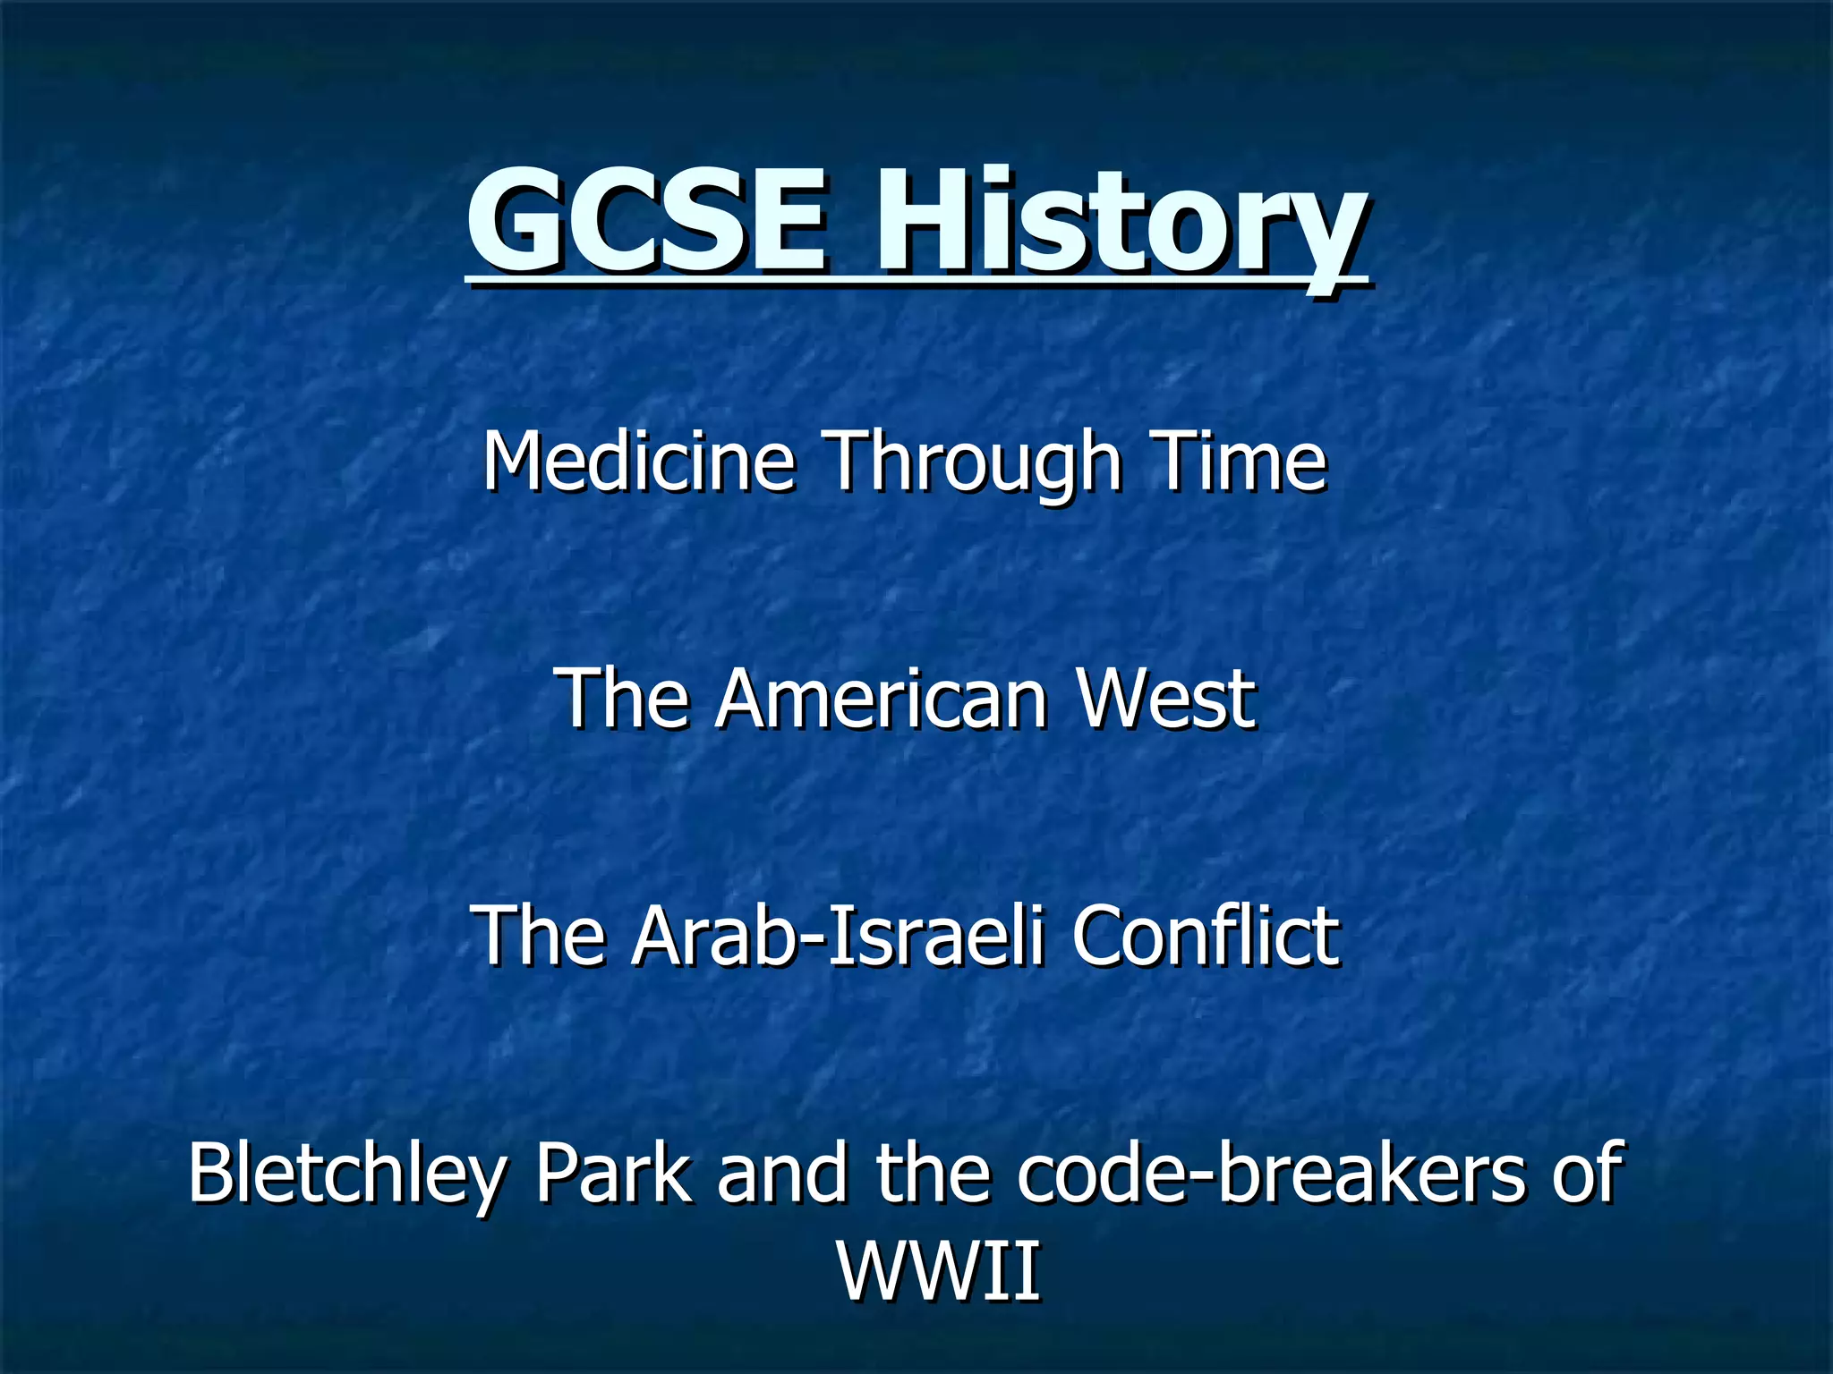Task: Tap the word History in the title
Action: click(1119, 228)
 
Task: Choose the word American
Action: click(881, 700)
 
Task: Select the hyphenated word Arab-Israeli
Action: click(838, 936)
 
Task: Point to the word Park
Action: click(613, 1174)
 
